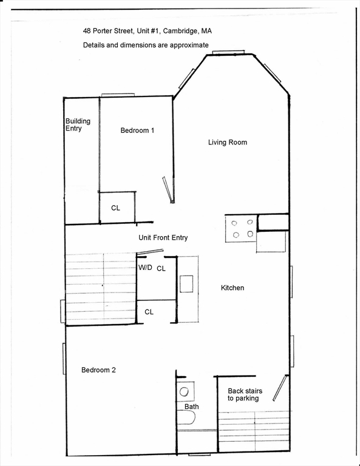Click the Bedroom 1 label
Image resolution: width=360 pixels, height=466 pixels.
(x=137, y=130)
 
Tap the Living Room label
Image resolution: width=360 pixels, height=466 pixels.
(x=228, y=143)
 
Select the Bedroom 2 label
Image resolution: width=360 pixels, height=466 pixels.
(x=98, y=370)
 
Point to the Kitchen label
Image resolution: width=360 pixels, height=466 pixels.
(x=233, y=288)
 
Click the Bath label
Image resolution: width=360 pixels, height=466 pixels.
(x=192, y=407)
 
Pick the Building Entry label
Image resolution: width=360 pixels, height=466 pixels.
(x=78, y=125)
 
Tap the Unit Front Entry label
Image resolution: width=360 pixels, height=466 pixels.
(x=163, y=238)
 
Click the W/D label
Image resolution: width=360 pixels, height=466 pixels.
(x=145, y=268)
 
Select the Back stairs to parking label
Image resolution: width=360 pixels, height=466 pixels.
(x=243, y=394)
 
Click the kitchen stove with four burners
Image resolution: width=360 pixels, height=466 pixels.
(x=241, y=229)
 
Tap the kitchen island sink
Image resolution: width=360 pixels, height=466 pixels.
(x=186, y=284)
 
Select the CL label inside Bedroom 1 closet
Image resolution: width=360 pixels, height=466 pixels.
(x=115, y=208)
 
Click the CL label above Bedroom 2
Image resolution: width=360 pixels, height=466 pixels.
(x=149, y=312)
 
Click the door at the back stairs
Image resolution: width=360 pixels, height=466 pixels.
(x=280, y=388)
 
